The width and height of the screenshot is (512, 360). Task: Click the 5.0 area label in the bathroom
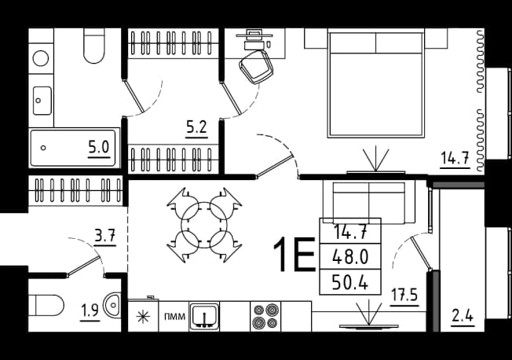click(x=99, y=147)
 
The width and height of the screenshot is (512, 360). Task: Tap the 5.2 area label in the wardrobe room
click(x=196, y=127)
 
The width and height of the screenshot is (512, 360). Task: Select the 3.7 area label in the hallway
click(x=105, y=235)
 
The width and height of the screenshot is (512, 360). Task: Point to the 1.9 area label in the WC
click(x=90, y=310)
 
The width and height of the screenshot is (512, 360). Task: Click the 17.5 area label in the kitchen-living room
click(x=404, y=296)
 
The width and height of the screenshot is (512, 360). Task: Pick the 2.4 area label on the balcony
click(x=463, y=316)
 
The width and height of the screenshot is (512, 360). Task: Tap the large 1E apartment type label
click(x=294, y=255)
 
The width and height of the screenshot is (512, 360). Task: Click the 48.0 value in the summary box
click(x=350, y=256)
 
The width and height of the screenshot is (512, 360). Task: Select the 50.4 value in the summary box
click(x=350, y=282)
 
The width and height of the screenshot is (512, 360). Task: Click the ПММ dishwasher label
click(x=174, y=317)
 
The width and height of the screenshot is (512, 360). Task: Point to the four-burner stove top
click(x=265, y=316)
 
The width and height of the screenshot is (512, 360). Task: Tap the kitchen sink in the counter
click(x=204, y=317)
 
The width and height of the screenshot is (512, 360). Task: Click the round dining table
click(x=204, y=225)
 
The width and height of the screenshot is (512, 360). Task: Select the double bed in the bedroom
click(x=376, y=83)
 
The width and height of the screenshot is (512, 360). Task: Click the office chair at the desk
click(x=257, y=67)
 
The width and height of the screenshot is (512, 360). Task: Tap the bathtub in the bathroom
click(x=73, y=148)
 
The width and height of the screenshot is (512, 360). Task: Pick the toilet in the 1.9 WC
click(x=46, y=306)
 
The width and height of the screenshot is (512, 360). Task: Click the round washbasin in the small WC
click(x=112, y=305)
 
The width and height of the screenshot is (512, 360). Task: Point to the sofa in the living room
click(x=369, y=203)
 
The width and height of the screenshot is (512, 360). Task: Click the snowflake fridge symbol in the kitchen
click(x=143, y=317)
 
